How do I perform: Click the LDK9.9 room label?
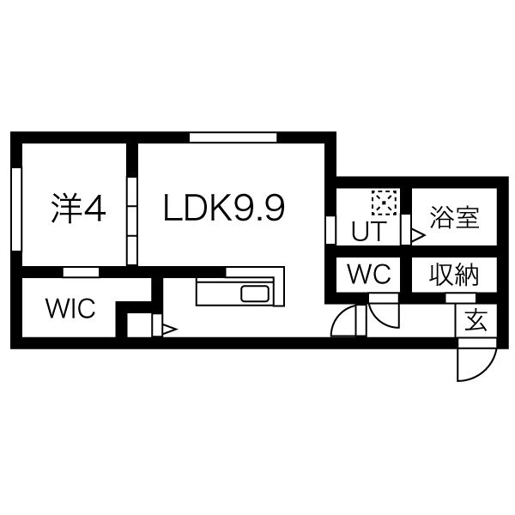point(224,209)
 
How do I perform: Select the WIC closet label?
point(71,309)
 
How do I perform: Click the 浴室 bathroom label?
point(454,218)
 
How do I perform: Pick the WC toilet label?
point(369,275)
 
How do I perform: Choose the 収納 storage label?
point(453,276)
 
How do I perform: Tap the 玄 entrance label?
point(475,321)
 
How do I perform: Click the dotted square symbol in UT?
point(381,203)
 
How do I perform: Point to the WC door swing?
point(385,312)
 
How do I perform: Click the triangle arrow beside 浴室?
point(417,233)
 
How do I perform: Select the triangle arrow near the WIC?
point(169,328)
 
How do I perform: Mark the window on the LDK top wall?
point(233,136)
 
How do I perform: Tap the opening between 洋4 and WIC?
point(81,272)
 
